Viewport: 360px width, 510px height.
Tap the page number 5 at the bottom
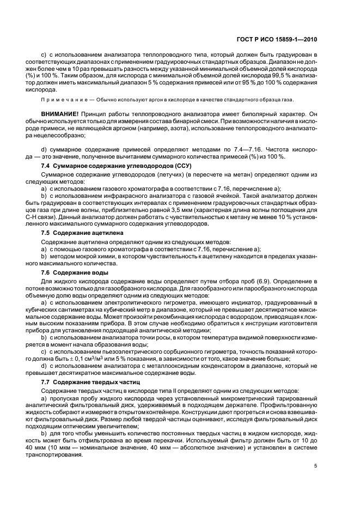click(316, 465)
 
